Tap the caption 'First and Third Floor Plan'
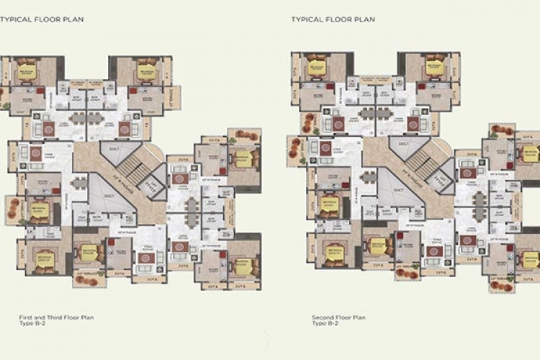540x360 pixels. point(56,317)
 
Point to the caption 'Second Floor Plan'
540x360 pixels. point(338,317)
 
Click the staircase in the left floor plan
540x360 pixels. point(132,172)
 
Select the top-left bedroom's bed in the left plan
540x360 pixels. point(27,72)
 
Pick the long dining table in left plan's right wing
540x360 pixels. point(191,212)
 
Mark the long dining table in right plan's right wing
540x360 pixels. point(480,209)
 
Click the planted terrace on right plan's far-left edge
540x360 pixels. point(295,144)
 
